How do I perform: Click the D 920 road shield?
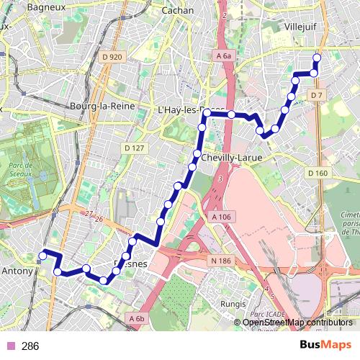point(113,58)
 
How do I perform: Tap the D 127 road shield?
point(135,148)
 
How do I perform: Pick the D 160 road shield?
point(317,173)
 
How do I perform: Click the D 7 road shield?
point(317,96)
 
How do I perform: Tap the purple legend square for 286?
point(9,346)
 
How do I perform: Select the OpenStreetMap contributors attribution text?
point(297,323)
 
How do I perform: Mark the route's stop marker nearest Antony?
point(42,254)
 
